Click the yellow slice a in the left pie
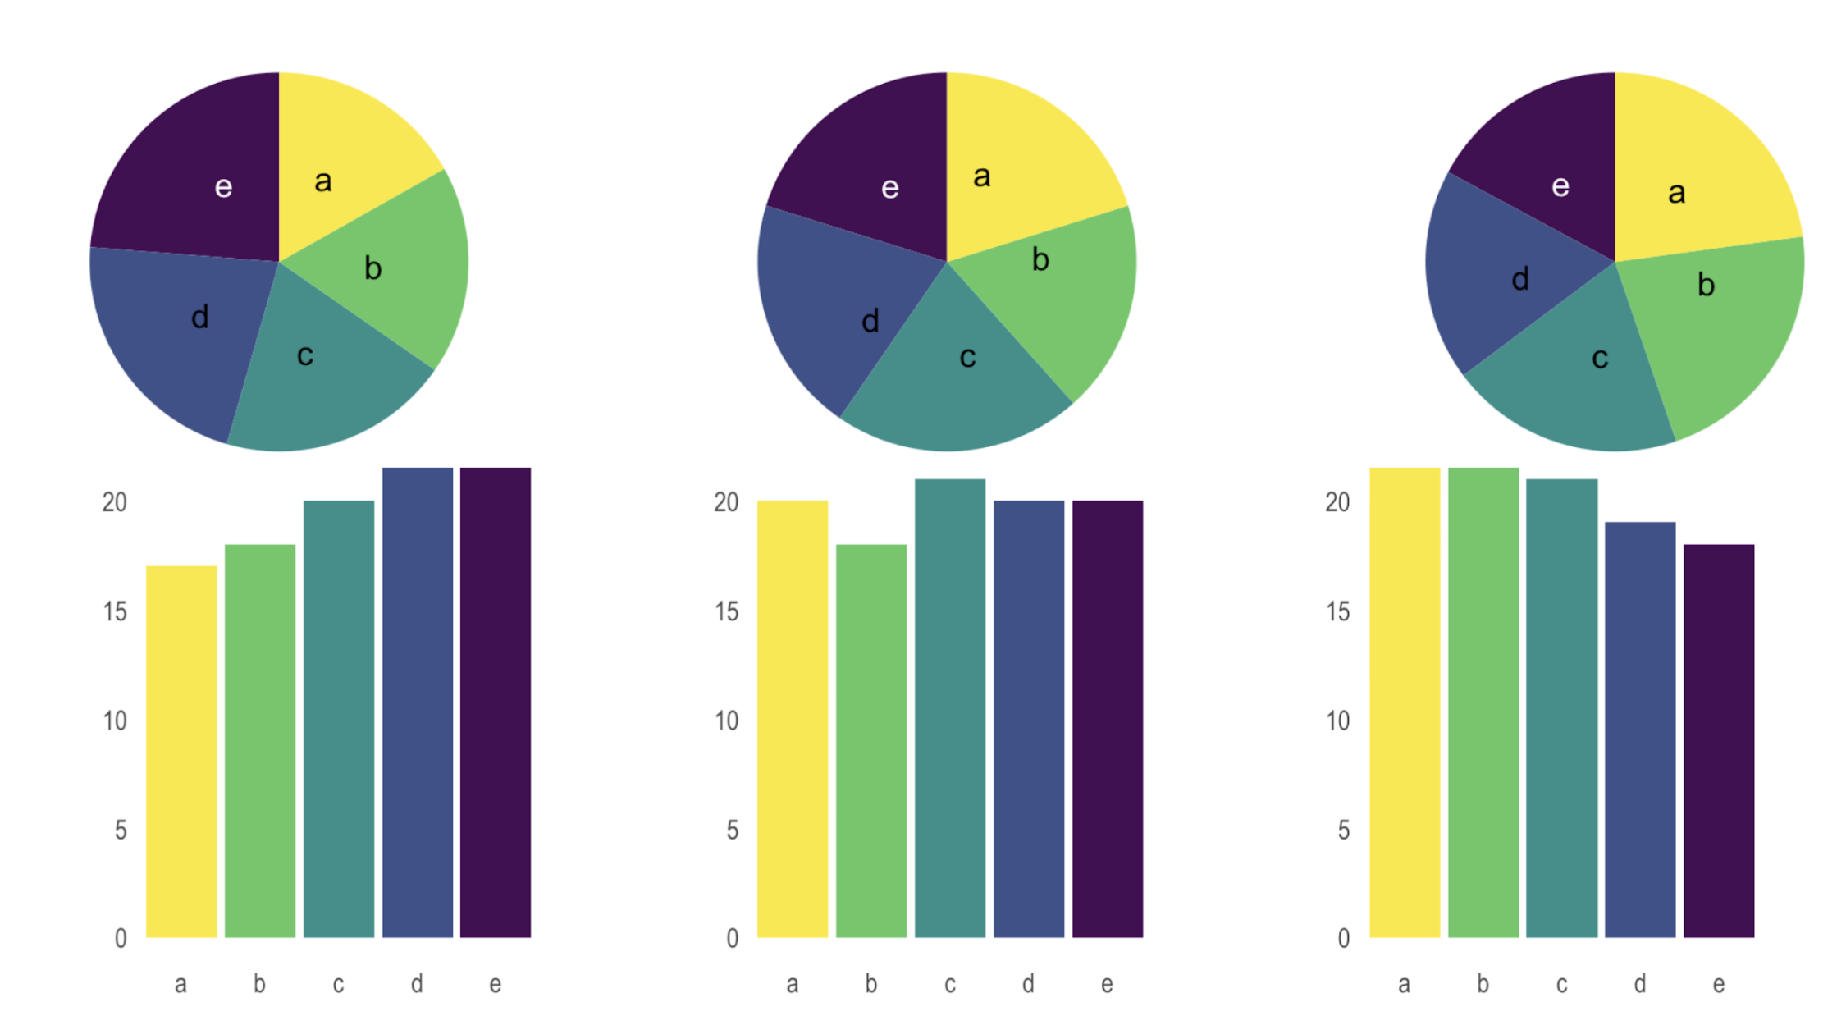336,164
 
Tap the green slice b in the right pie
1715,328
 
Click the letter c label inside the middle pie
967,357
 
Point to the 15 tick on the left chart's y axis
115,611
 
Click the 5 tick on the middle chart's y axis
732,830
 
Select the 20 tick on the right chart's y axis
1337,502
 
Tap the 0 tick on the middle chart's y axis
732,938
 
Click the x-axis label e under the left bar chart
495,984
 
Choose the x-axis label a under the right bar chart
1404,984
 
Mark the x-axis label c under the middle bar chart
949,984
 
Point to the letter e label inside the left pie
223,187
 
